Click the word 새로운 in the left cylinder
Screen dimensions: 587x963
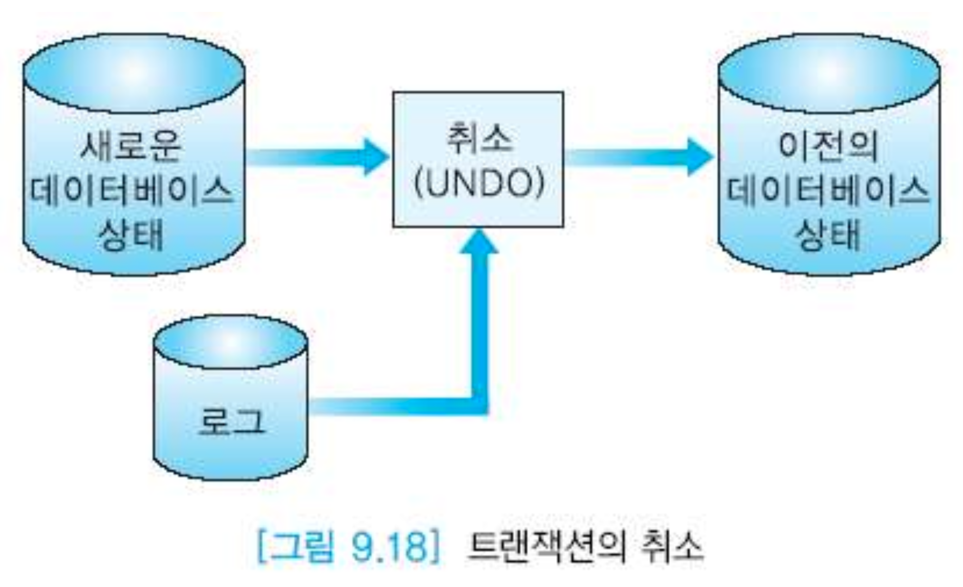[131, 145]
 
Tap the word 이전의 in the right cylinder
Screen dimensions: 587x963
[828, 145]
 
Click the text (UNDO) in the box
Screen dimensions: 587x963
[479, 184]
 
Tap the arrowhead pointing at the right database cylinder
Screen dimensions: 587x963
[700, 157]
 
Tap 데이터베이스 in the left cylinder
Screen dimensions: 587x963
[132, 191]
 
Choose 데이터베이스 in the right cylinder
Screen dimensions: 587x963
[828, 191]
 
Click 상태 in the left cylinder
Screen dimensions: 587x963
[131, 235]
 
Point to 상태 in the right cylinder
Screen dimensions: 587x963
[828, 235]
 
